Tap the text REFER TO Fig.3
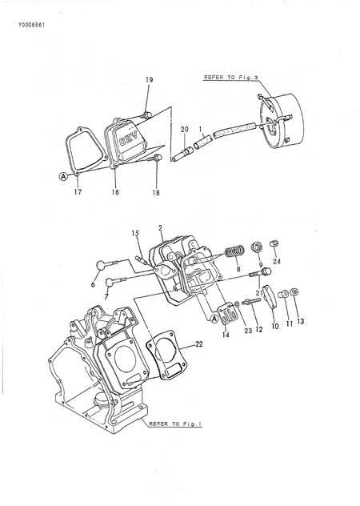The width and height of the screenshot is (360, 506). click(x=229, y=78)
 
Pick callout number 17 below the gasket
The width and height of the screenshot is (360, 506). click(x=78, y=192)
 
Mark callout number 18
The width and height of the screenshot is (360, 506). click(x=156, y=192)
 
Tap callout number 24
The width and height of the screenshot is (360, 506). click(x=277, y=261)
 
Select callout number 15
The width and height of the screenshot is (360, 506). click(x=135, y=233)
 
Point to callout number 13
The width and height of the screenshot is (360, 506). click(x=300, y=322)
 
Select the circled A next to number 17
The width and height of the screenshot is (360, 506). click(x=63, y=178)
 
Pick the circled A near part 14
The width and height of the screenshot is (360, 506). click(x=214, y=318)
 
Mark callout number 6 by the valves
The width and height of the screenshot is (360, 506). click(x=93, y=284)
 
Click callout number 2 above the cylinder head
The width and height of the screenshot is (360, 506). click(x=160, y=227)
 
